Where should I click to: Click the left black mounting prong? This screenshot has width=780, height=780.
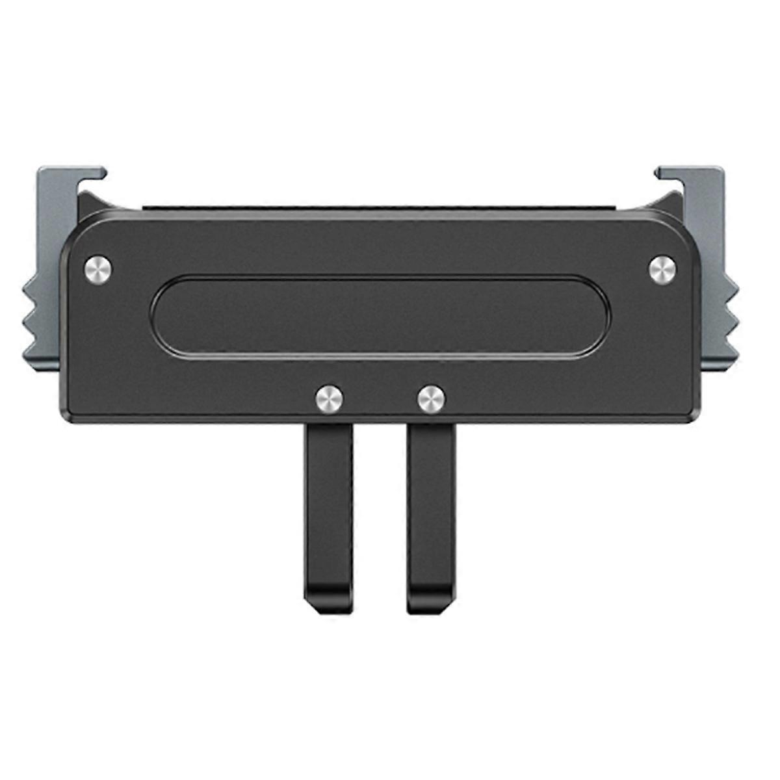pyautogui.click(x=328, y=507)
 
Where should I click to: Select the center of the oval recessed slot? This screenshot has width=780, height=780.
pyautogui.click(x=380, y=316)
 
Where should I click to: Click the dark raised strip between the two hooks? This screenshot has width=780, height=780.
pyautogui.click(x=380, y=208)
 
